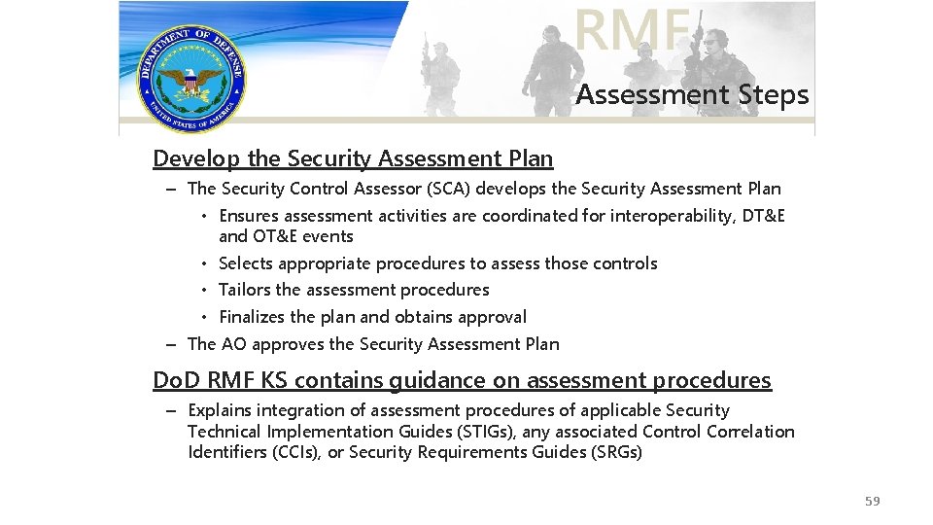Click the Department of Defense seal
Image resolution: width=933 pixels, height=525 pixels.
[x=191, y=79]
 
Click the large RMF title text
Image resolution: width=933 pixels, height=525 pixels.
[x=632, y=29]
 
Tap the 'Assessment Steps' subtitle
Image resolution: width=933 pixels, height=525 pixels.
[x=691, y=95]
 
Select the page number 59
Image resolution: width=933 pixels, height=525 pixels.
[x=872, y=501]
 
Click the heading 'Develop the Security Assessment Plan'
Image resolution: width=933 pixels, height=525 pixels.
[x=353, y=158]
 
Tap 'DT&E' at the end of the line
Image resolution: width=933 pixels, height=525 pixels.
[x=763, y=216]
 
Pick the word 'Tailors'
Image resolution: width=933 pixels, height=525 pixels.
[x=245, y=290]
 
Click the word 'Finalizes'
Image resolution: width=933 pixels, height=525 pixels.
[x=252, y=317]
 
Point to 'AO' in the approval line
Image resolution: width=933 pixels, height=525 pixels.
[x=233, y=344]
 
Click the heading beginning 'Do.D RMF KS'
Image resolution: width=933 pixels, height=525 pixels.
[x=462, y=380]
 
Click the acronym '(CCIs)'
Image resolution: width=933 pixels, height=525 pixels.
[x=298, y=452]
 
